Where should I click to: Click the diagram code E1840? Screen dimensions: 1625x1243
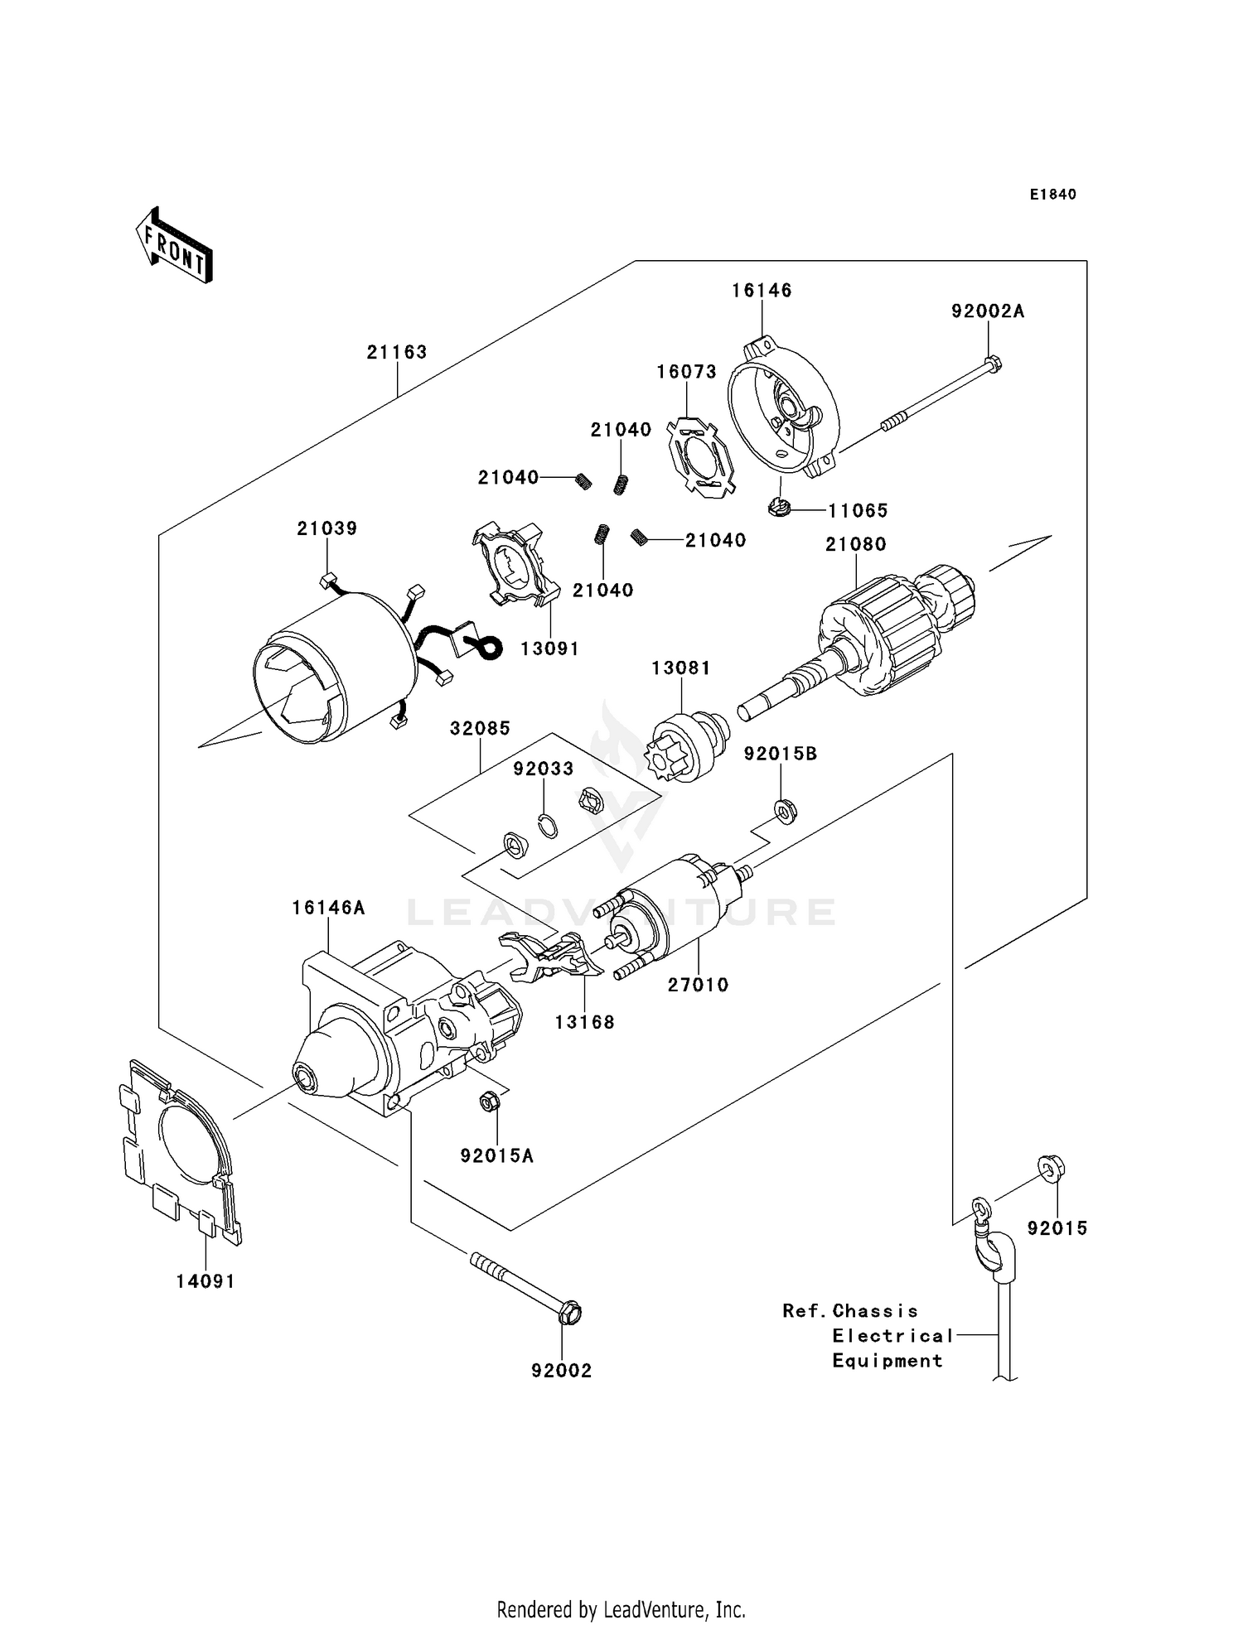pyautogui.click(x=1052, y=195)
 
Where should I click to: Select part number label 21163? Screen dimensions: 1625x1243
pyautogui.click(x=397, y=352)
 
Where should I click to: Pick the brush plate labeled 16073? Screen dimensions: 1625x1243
pyautogui.click(x=701, y=458)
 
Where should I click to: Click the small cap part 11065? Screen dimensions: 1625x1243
pyautogui.click(x=778, y=507)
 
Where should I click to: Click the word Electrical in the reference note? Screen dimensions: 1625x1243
pyautogui.click(x=892, y=1335)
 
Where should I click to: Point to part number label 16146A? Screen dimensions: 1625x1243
pyautogui.click(x=328, y=908)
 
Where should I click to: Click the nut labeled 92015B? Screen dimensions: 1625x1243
pyautogui.click(x=782, y=807)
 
